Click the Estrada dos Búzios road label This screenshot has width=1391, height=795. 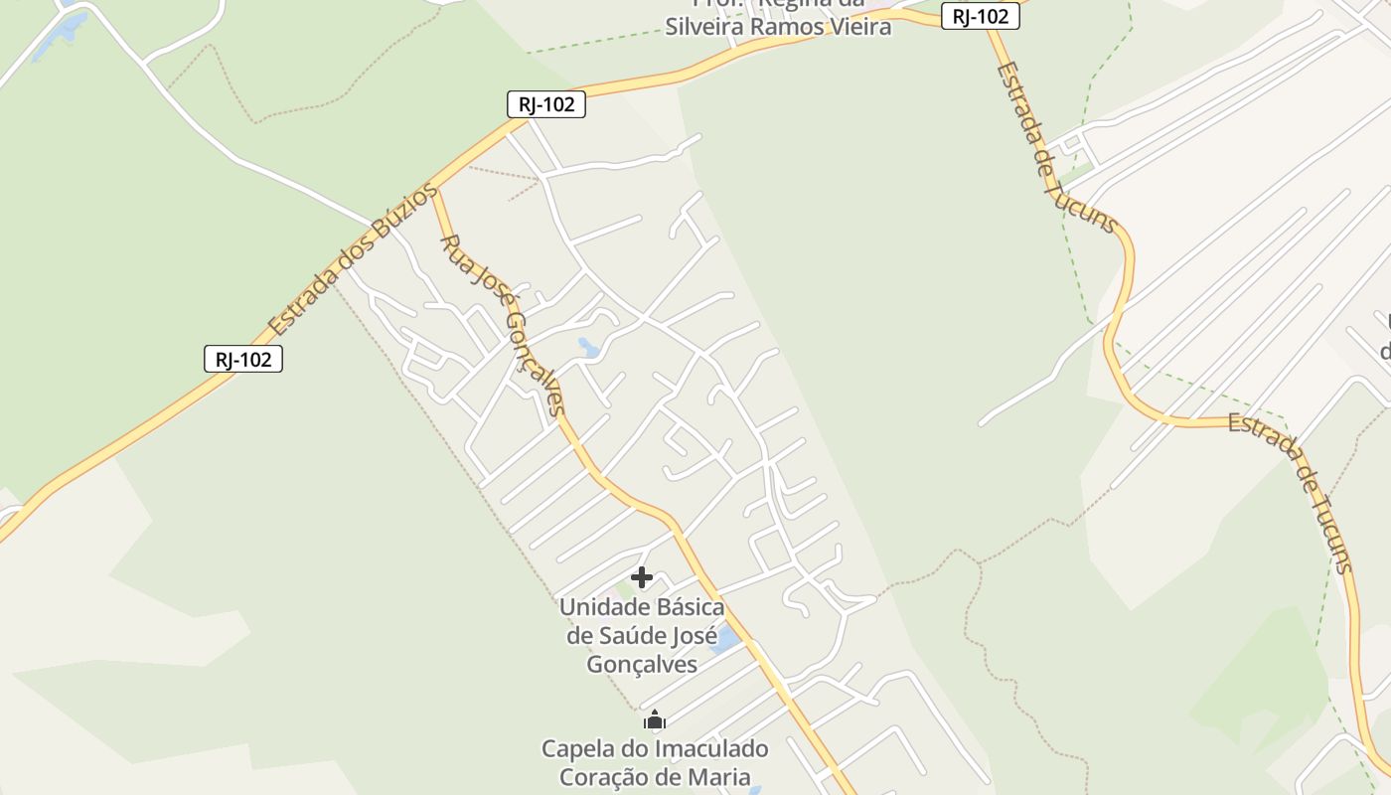pos(353,259)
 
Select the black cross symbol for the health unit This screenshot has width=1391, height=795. pos(642,577)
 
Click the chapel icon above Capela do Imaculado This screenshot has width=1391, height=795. pos(654,719)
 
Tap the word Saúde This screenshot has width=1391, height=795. pos(631,636)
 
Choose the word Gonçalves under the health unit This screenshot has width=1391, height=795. pos(642,665)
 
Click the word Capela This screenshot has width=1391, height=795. pos(577,748)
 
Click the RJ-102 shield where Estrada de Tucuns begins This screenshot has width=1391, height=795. pos(981,16)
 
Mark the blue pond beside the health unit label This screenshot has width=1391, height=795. pos(726,639)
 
